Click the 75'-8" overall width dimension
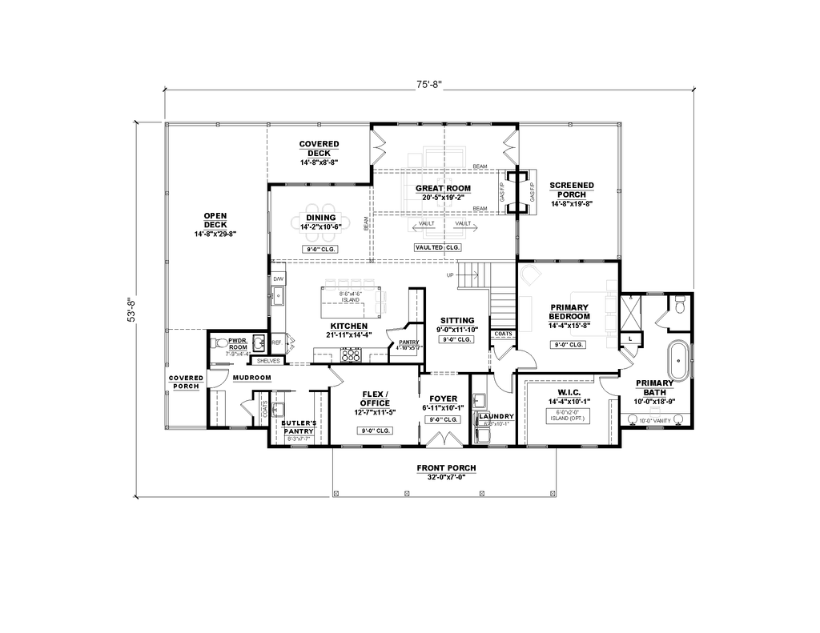point(428,83)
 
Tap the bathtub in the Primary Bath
point(679,362)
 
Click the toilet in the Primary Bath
point(679,305)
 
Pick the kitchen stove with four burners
point(351,356)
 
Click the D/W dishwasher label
point(278,278)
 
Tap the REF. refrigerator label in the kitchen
point(276,343)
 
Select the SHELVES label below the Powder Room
point(267,361)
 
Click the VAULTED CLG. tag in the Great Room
point(437,248)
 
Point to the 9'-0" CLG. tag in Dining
point(320,250)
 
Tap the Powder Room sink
point(258,343)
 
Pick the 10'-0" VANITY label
point(654,419)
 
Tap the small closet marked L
point(630,339)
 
